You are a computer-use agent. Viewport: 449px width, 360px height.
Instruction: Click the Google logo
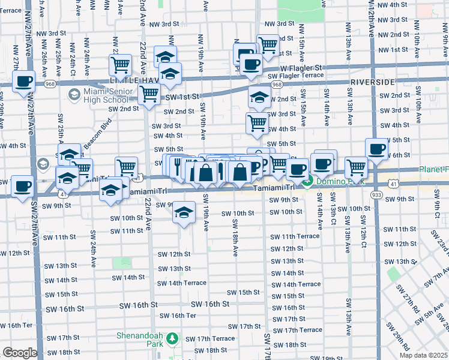pos(20,353)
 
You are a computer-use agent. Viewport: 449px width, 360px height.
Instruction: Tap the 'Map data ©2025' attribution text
pos(423,355)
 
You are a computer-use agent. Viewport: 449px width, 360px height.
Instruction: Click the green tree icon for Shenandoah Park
pos(172,339)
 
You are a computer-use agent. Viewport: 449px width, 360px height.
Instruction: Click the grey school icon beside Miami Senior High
pos(74,94)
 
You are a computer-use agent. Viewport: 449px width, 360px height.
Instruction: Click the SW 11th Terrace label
pos(295,236)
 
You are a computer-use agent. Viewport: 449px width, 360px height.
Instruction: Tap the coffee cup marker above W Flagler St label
pos(251,64)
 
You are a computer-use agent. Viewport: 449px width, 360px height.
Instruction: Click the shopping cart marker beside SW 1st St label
pos(148,94)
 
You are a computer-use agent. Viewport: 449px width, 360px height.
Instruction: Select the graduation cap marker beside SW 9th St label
pos(184,212)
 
